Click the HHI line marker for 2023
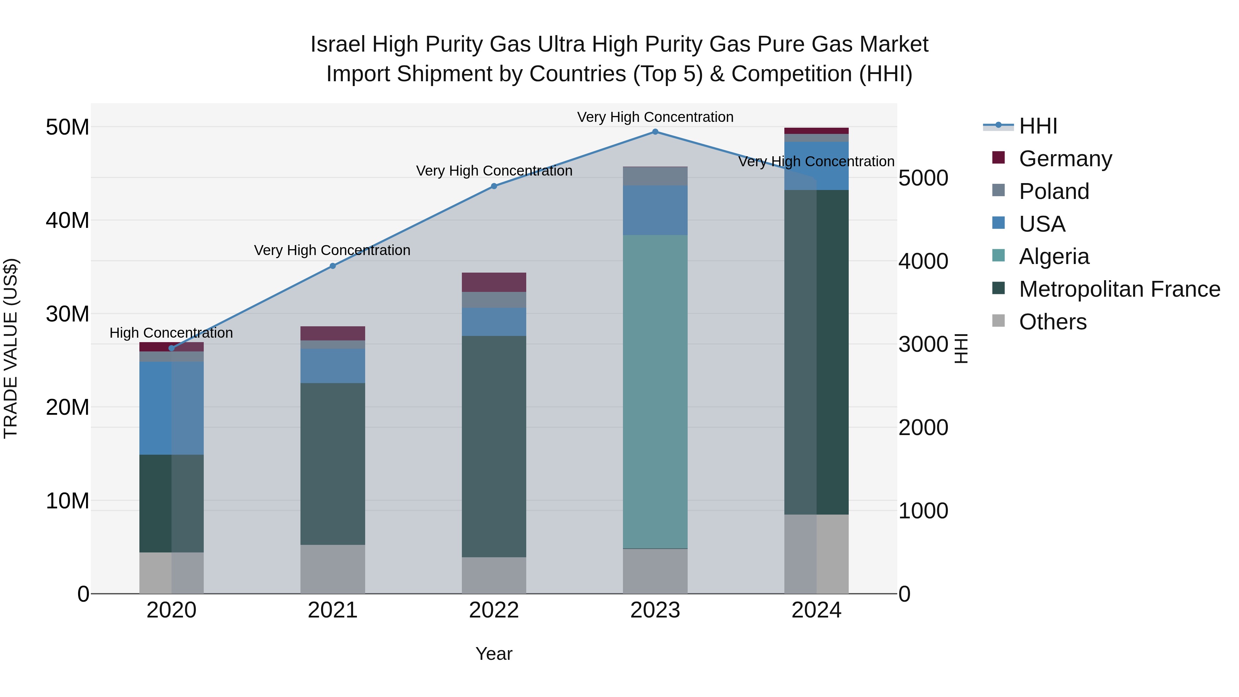tap(655, 132)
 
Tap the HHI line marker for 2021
tap(332, 266)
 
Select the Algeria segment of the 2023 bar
tap(655, 392)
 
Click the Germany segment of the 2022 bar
tap(494, 282)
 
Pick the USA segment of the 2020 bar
tap(171, 408)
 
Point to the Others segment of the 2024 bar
tap(816, 554)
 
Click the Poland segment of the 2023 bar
tap(655, 176)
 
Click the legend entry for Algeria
tap(1053, 256)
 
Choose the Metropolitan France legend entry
tap(1119, 289)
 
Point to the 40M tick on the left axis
tap(67, 220)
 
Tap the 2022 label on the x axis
tap(494, 610)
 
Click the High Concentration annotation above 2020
tap(171, 333)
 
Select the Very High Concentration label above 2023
tap(655, 117)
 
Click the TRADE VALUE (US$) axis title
tap(11, 348)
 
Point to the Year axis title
tap(494, 654)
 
